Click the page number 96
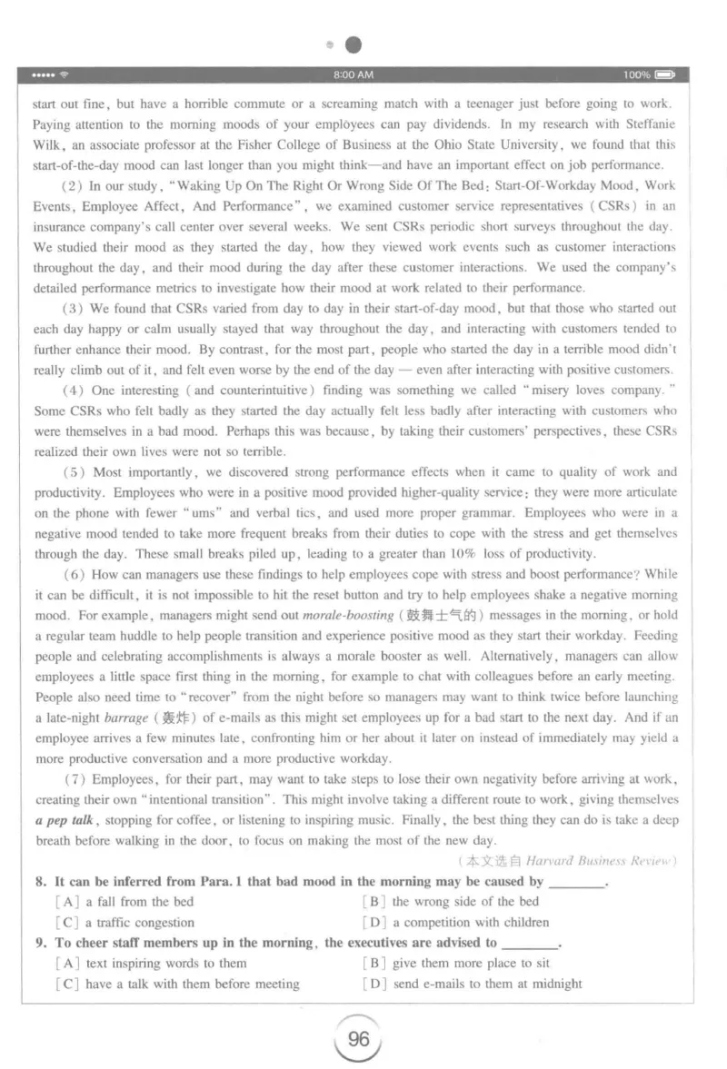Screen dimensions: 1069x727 (x=359, y=1038)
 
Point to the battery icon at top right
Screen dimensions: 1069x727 (x=665, y=74)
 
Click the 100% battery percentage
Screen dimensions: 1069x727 (x=636, y=74)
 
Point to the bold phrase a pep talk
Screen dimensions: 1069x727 (x=65, y=820)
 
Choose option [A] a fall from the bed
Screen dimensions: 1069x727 (x=124, y=902)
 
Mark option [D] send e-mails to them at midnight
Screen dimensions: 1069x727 (x=472, y=984)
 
